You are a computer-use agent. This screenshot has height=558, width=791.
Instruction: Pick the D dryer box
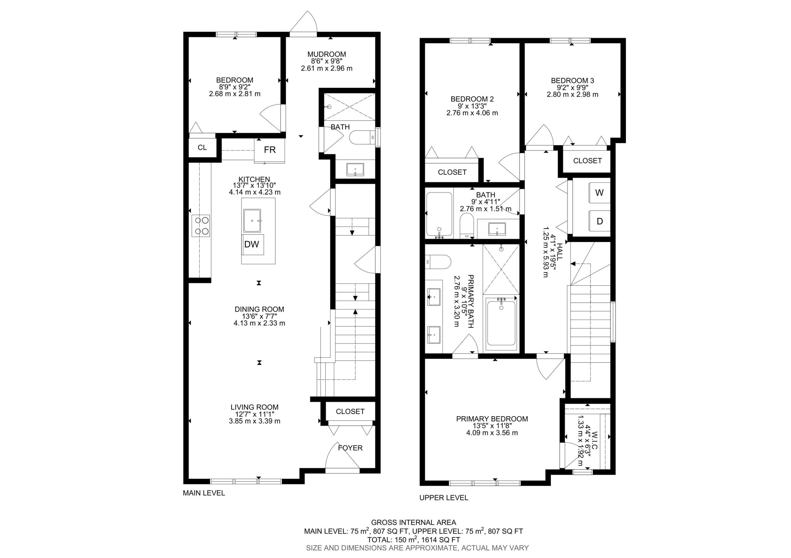click(x=600, y=221)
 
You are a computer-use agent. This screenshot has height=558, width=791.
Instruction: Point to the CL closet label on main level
click(x=202, y=147)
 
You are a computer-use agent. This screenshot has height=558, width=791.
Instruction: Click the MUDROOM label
click(x=327, y=54)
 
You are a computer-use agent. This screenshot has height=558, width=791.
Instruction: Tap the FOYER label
click(x=350, y=448)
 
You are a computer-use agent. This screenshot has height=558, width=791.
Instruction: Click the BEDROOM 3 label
click(x=572, y=81)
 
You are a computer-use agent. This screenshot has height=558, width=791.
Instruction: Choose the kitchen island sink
click(x=252, y=220)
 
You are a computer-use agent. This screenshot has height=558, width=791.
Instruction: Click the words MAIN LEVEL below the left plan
click(x=204, y=493)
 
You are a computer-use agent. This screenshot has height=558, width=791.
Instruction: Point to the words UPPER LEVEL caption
click(x=443, y=497)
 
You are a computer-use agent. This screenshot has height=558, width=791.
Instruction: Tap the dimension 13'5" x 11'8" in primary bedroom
click(x=492, y=426)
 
